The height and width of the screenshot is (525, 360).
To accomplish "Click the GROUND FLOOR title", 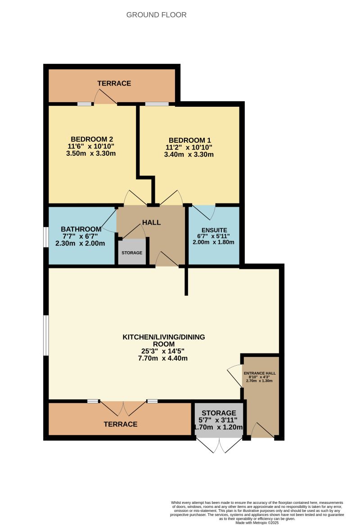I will [156, 15].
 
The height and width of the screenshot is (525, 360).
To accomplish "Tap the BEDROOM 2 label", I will [91, 139].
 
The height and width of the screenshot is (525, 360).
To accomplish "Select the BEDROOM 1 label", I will [189, 140].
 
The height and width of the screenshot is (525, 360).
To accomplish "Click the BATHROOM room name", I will [80, 228].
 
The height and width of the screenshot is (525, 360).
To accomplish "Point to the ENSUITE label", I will [214, 230].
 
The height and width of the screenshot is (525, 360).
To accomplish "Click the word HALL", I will [151, 222].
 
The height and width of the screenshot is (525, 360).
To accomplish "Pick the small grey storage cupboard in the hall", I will [132, 252].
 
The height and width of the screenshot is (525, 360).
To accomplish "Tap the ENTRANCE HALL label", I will [260, 373].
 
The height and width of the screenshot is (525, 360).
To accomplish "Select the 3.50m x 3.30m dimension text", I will [91, 154].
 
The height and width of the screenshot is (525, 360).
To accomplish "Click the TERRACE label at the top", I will [114, 83].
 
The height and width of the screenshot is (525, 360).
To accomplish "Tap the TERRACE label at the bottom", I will [121, 424].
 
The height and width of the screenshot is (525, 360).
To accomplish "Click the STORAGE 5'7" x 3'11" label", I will [219, 413].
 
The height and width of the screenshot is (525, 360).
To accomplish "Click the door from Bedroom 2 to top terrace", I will [105, 97].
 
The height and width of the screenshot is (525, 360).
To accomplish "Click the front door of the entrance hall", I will [262, 430].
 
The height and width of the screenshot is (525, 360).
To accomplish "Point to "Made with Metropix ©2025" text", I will [257, 522].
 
